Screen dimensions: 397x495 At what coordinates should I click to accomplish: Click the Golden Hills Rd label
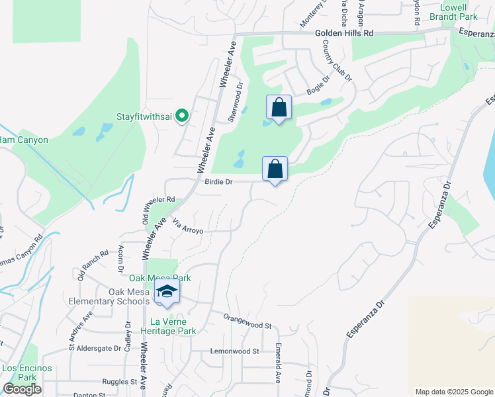pyautogui.click(x=344, y=32)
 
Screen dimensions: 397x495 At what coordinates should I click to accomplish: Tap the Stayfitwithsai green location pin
pyautogui.click(x=182, y=116)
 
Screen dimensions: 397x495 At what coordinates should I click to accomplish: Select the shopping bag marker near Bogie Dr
pyautogui.click(x=279, y=108)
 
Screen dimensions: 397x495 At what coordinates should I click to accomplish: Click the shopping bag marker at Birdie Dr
pyautogui.click(x=275, y=169)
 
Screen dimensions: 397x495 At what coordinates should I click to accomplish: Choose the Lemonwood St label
pyautogui.click(x=234, y=351)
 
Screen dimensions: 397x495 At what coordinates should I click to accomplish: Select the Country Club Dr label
pyautogui.click(x=337, y=60)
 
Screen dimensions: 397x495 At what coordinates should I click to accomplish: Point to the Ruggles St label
pyautogui.click(x=119, y=382)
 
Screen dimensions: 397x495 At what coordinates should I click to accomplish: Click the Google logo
pyautogui.click(x=22, y=389)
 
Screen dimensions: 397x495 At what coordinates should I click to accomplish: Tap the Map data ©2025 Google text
pyautogui.click(x=453, y=392)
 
